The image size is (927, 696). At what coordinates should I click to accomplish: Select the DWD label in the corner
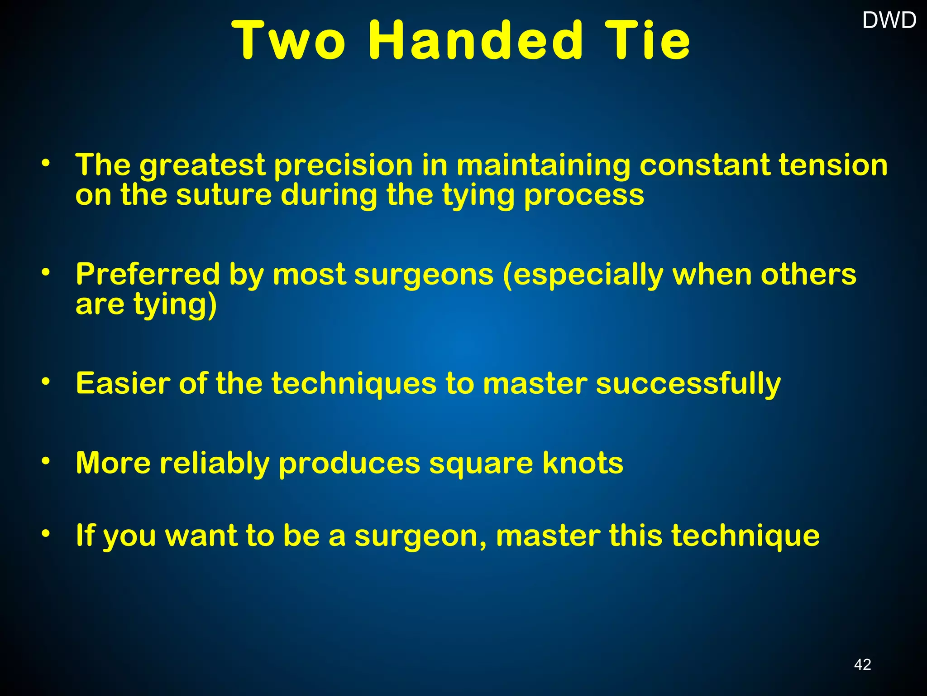889,20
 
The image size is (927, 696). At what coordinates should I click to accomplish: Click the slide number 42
862,664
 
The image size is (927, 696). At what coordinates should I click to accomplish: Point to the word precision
344,166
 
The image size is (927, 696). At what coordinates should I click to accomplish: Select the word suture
224,195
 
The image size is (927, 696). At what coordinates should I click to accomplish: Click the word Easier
123,383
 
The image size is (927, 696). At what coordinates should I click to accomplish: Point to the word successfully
688,384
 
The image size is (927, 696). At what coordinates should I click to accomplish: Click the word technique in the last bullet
745,536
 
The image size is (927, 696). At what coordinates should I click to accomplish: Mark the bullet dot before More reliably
45,461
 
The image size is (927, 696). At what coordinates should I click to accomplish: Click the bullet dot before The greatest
45,163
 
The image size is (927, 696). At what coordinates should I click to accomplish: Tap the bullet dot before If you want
45,533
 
